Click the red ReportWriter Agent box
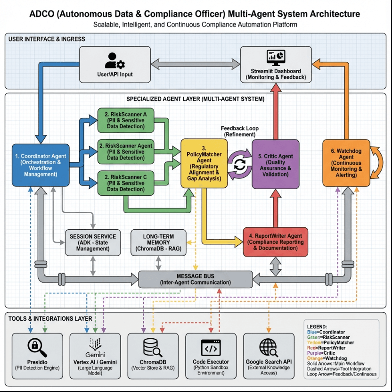[x=276, y=242]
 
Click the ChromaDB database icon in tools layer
[x=153, y=347]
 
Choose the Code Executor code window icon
[x=210, y=347]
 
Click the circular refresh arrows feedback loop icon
[x=240, y=165]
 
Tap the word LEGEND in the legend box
[x=316, y=326]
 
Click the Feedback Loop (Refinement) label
[x=240, y=131]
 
